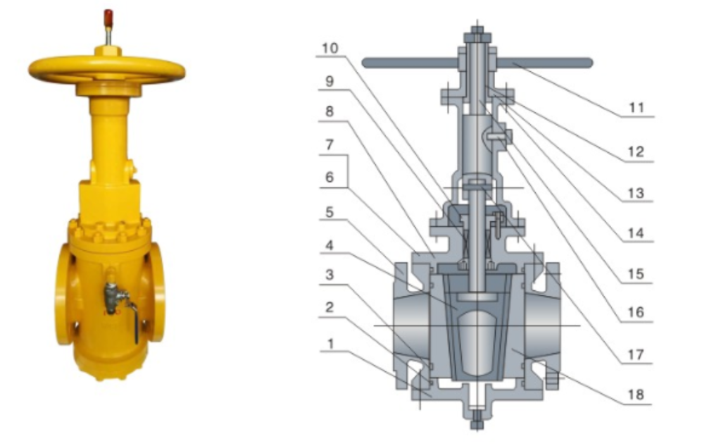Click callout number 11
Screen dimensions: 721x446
637,107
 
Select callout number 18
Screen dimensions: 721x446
636,395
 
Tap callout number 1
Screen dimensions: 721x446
330,343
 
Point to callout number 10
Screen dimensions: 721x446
330,48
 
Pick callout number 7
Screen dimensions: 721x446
330,144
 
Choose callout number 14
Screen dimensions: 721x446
636,233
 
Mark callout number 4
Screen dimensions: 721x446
330,245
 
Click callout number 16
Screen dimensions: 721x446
636,313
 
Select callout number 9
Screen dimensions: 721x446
330,81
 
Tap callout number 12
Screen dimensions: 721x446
636,151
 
